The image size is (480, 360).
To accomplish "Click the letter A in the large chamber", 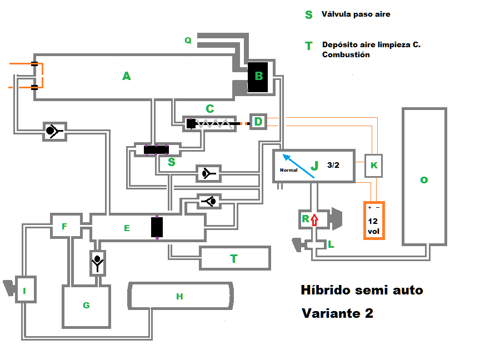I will [x=127, y=76].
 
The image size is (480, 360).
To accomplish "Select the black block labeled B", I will [x=258, y=76].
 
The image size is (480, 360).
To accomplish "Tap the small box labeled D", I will [x=258, y=121].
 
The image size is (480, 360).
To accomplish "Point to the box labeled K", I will [x=374, y=166].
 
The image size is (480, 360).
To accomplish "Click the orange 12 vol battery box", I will [x=374, y=221].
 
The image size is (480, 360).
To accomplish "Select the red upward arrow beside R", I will [x=314, y=220].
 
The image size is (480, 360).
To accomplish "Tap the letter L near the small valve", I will [x=331, y=244].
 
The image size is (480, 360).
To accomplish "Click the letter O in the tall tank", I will [x=424, y=180].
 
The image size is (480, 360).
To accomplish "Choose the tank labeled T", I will [x=234, y=258].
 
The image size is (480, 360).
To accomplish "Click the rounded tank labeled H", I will [x=179, y=296].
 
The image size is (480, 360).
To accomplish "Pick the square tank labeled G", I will [x=86, y=306].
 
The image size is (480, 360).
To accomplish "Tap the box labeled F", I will [x=64, y=226].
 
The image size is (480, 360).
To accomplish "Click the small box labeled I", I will [x=25, y=289].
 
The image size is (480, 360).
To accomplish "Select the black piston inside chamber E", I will [x=157, y=227].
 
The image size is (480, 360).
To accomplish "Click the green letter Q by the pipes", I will [x=188, y=40].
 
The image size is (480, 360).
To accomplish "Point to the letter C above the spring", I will [x=210, y=108].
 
